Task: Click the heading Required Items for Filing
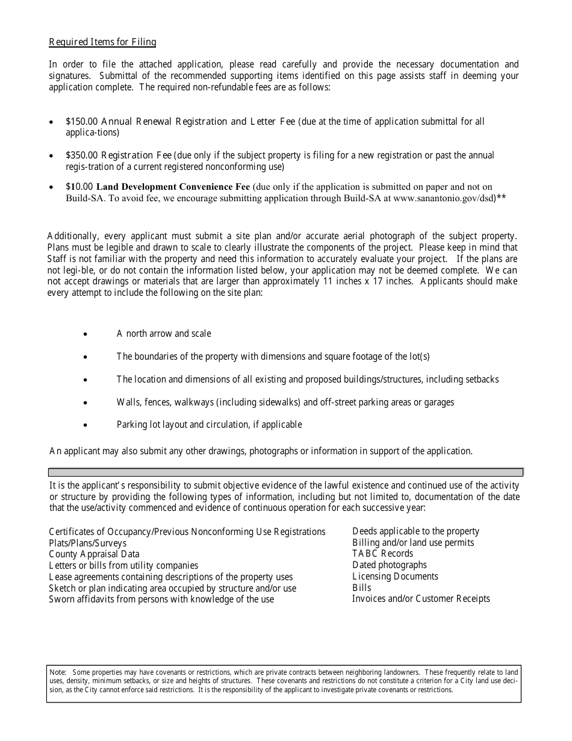coord(102,42)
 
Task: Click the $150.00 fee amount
coord(79,122)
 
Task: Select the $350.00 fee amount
coord(79,155)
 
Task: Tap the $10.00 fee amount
coord(79,187)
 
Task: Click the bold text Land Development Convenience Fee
coord(173,187)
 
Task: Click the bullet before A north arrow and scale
coord(87,334)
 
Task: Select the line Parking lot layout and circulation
coord(209,425)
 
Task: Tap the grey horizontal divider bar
coord(285,472)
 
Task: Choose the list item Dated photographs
coord(389,565)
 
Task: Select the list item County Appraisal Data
coord(94,554)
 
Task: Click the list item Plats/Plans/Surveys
coord(88,543)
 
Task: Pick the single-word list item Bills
coord(362,588)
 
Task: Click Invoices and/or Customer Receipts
coord(421,599)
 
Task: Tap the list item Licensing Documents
coord(395,577)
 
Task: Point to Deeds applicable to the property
coord(415,531)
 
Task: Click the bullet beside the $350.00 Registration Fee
coord(52,156)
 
